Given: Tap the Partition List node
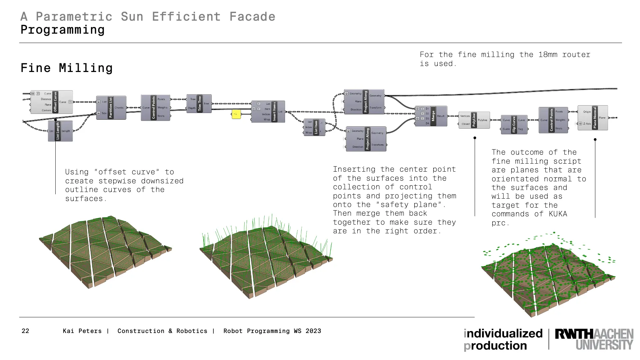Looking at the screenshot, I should [111, 108].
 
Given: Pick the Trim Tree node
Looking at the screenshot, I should [199, 104].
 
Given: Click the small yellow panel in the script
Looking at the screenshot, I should [236, 114].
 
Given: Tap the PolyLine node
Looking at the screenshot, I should [474, 120].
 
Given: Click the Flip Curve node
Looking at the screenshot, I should [514, 125].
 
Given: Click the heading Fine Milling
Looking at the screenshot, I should [67, 68].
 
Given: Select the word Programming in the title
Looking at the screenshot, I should [63, 30].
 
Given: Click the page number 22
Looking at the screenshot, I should [25, 331].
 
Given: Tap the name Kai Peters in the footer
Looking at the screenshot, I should [82, 331].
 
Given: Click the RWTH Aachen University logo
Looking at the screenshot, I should [594, 339].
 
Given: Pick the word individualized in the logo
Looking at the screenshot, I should [503, 333].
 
